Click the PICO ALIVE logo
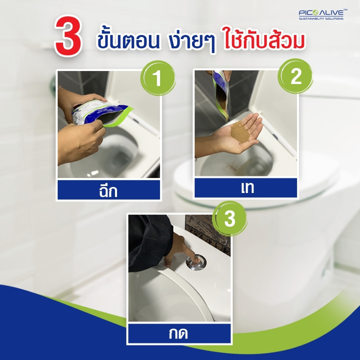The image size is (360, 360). (x=323, y=14)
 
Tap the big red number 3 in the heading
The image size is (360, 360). (x=68, y=36)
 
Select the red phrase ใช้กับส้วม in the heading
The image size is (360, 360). (x=264, y=39)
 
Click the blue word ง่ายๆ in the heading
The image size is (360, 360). (x=192, y=41)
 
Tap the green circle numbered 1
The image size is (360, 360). (x=158, y=78)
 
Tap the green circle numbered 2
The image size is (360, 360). (x=295, y=76)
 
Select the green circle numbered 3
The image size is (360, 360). (x=230, y=218)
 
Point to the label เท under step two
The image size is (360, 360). (x=247, y=188)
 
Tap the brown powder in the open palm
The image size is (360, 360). (x=240, y=133)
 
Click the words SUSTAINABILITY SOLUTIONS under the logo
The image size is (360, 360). (x=321, y=19)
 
